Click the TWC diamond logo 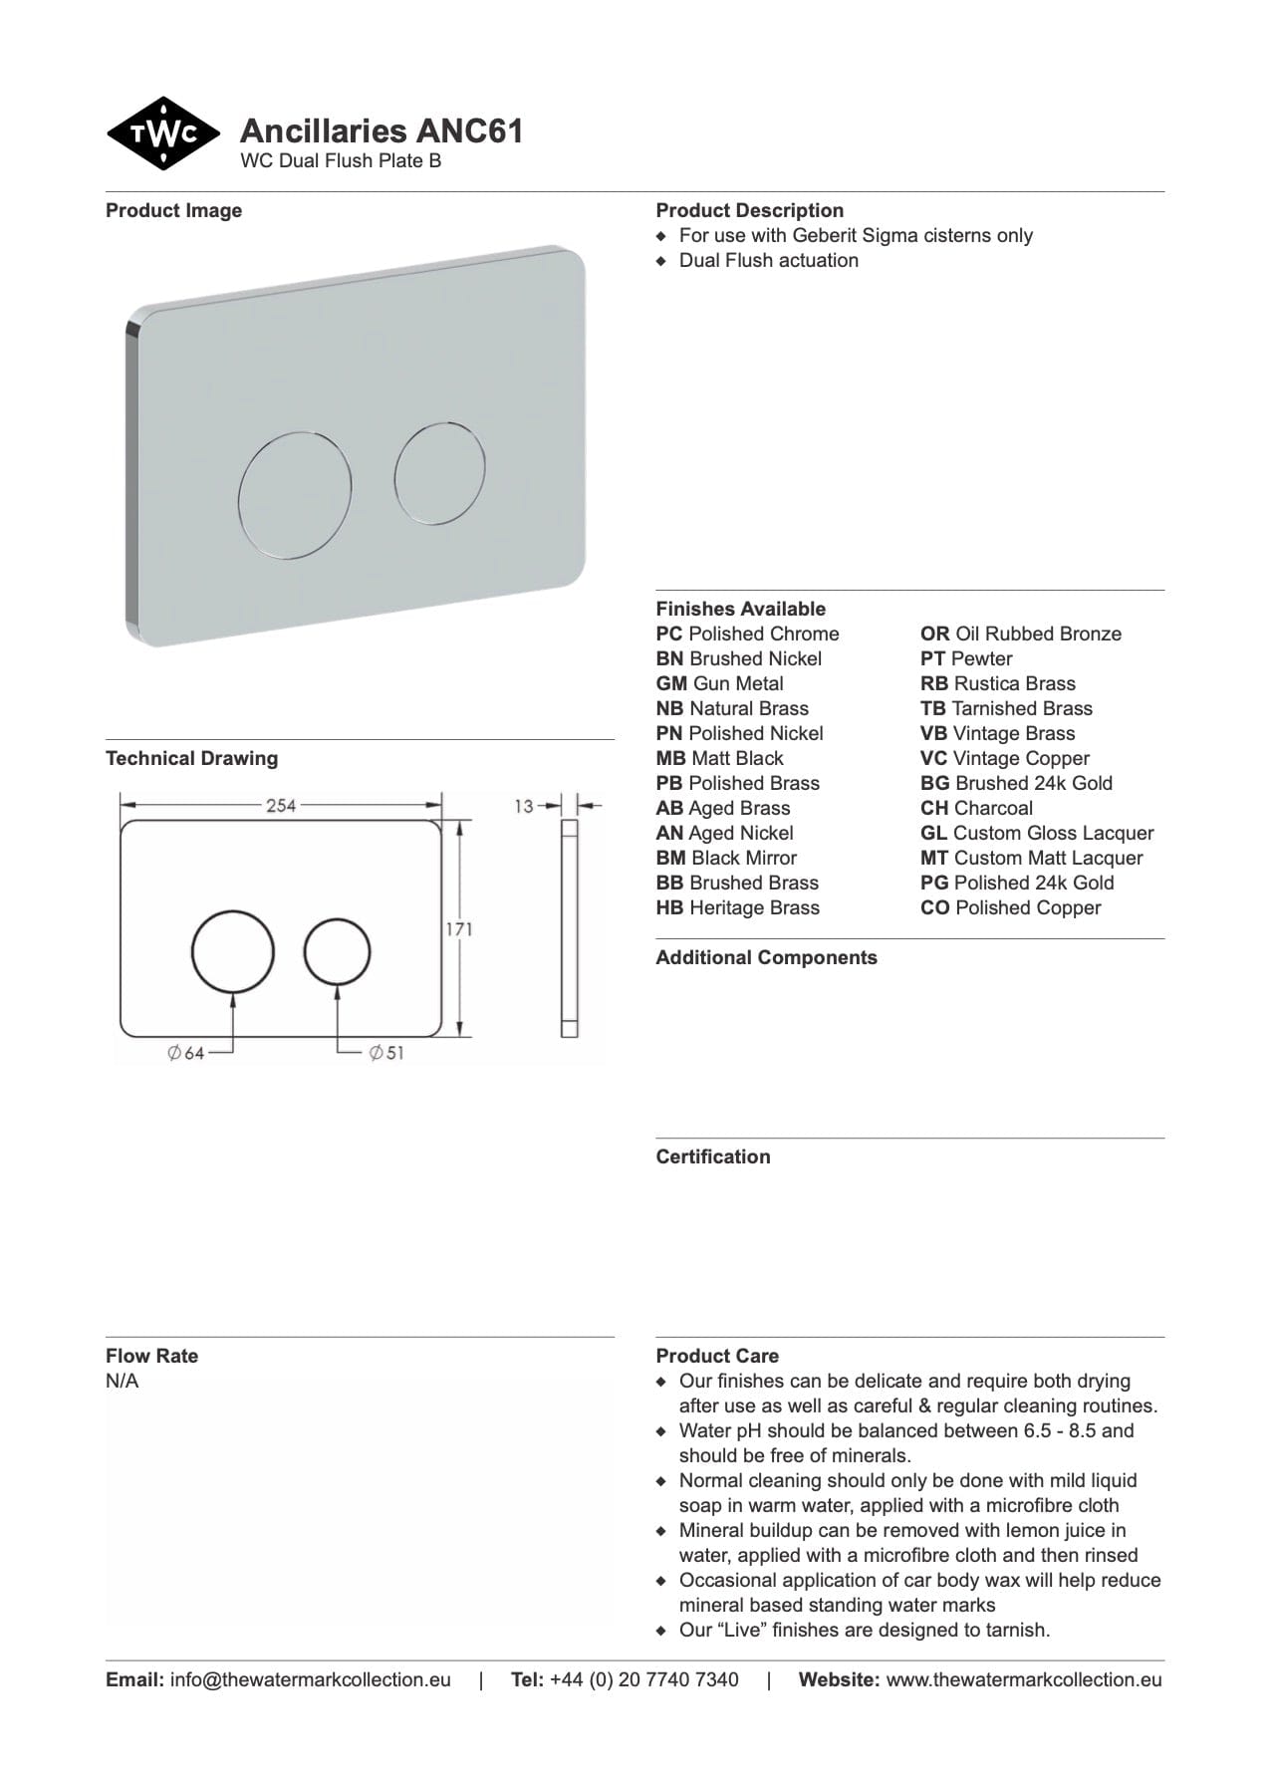click(163, 133)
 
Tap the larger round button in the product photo click(295, 492)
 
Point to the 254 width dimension click(281, 805)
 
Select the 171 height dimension click(459, 929)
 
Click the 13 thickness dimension click(524, 806)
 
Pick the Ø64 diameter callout click(186, 1053)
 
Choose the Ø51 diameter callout click(386, 1053)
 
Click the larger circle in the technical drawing click(233, 951)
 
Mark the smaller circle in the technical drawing click(338, 951)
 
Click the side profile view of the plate click(570, 928)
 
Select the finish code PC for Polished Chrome click(669, 634)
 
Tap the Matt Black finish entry click(720, 758)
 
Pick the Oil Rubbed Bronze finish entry click(1021, 634)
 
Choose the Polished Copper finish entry click(1011, 907)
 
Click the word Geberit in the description click(829, 236)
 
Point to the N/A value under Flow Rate click(123, 1381)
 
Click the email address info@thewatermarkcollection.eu click(310, 1679)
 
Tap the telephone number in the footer click(643, 1679)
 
